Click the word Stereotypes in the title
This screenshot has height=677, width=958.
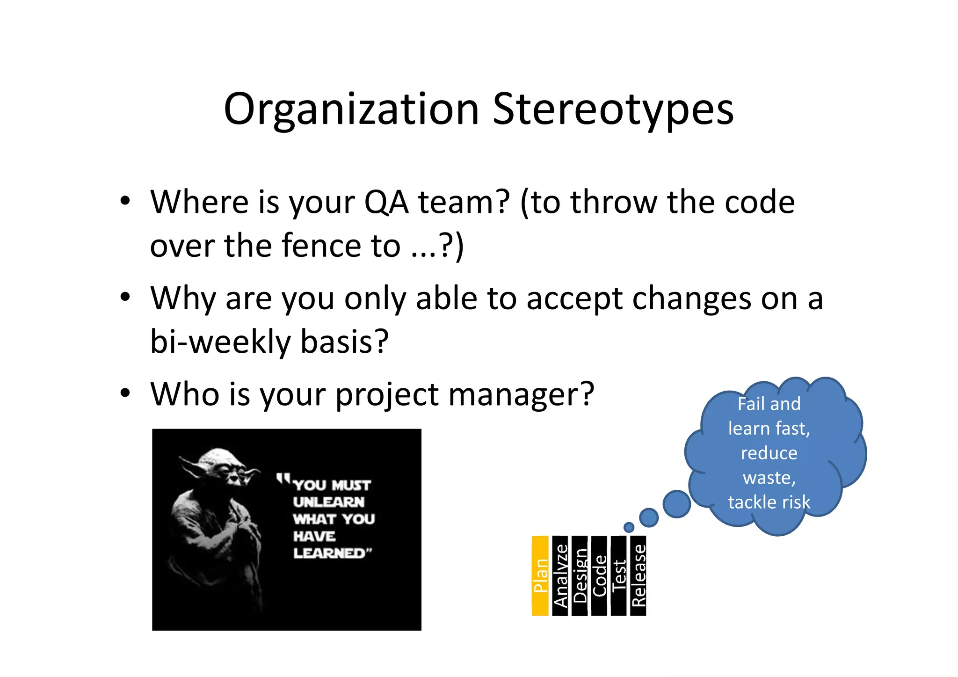coord(613,110)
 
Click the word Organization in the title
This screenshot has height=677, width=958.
coord(351,110)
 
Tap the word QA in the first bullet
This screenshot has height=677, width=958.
coord(385,202)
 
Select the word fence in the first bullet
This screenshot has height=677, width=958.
coord(323,246)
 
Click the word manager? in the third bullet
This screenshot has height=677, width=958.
coord(521,394)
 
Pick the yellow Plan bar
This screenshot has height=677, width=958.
coord(540,575)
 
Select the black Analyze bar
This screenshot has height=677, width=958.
coord(560,575)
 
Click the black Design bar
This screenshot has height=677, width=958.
coord(580,575)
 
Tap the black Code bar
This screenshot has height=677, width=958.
coord(599,575)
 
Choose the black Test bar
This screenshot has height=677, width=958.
coord(618,575)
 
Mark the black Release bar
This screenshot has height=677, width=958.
coord(638,575)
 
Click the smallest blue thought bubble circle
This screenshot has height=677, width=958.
coord(629,527)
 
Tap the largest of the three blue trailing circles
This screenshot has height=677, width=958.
coord(677,504)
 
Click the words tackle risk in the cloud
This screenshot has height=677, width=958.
coord(769,502)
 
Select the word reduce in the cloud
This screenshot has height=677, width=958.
coord(769,453)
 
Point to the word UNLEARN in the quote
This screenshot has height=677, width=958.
coord(329,502)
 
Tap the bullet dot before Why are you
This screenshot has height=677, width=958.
coord(124,297)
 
